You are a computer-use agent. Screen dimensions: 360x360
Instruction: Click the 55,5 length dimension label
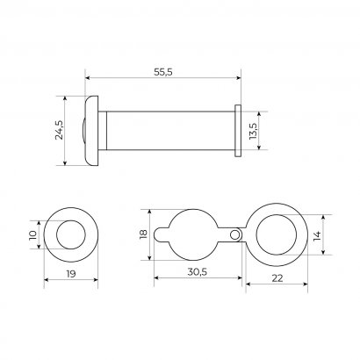click(163, 72)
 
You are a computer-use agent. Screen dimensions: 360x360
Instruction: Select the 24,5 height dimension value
click(60, 130)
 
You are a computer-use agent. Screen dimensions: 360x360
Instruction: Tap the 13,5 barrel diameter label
click(253, 131)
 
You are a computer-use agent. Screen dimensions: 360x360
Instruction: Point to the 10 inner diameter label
click(32, 234)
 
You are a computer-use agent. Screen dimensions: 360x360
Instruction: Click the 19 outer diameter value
click(70, 274)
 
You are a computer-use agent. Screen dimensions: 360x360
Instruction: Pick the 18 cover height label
click(143, 234)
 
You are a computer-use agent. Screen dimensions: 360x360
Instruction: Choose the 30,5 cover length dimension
click(197, 272)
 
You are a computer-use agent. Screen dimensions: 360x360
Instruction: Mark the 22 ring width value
click(277, 278)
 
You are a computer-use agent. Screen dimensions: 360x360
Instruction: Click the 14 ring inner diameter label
click(317, 235)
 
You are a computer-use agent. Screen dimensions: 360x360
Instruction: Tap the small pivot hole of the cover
click(234, 234)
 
